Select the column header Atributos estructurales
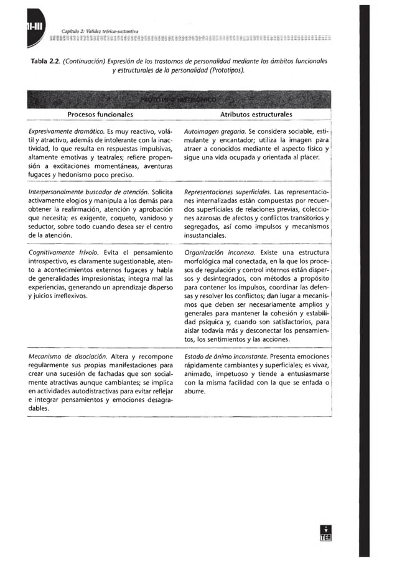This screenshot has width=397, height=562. (256, 115)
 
